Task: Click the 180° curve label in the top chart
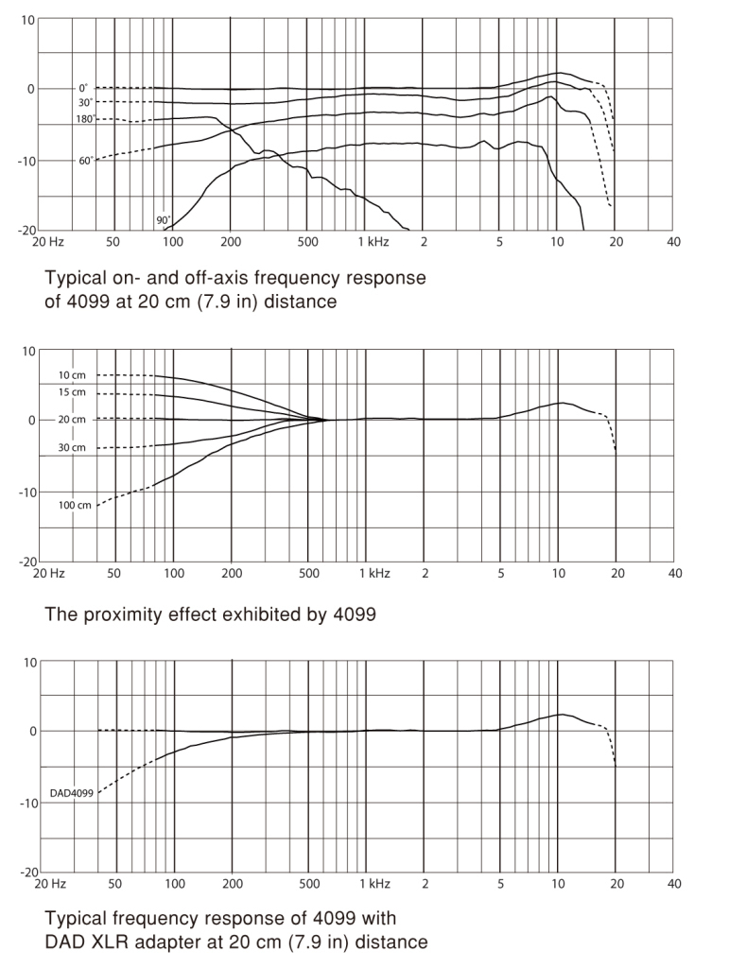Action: [84, 118]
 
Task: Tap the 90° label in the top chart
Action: [163, 220]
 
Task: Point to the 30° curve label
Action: [85, 102]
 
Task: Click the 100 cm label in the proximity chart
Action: [75, 505]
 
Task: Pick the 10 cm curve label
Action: [72, 375]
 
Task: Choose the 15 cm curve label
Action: [72, 392]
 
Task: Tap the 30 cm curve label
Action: [72, 447]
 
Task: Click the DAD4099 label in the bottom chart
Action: [72, 793]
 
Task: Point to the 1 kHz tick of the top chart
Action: [373, 242]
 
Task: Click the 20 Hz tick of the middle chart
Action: [48, 574]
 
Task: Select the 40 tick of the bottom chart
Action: [674, 884]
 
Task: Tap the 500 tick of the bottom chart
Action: [309, 884]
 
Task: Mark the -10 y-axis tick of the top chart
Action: [26, 161]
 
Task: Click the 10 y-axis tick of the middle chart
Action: [29, 352]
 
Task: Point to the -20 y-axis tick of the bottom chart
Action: [29, 873]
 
